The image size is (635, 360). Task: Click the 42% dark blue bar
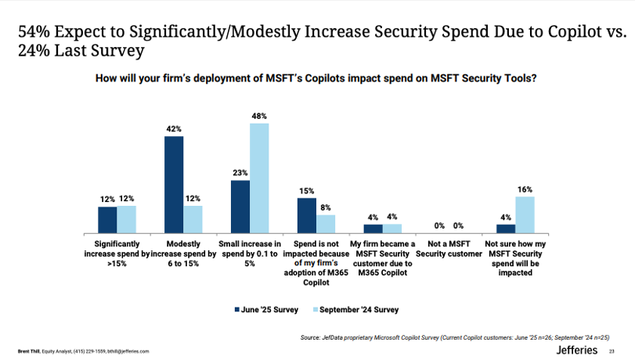click(174, 185)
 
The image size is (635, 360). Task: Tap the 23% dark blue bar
click(240, 207)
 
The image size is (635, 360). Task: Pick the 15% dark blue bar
click(307, 215)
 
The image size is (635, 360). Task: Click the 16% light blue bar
click(525, 214)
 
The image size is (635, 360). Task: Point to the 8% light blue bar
click(326, 224)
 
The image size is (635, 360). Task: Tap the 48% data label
click(259, 116)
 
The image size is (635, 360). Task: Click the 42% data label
click(174, 129)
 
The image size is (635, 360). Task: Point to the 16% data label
click(525, 189)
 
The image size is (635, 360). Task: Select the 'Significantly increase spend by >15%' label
click(116, 254)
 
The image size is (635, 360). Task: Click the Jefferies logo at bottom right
click(577, 350)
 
